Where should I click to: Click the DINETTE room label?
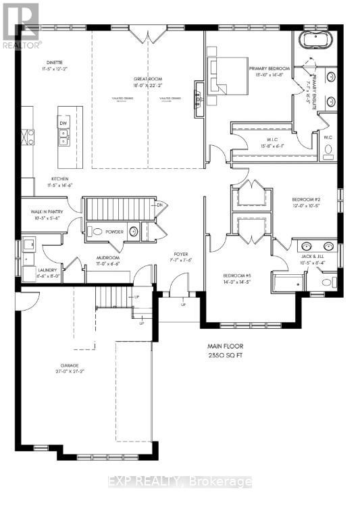click(x=47, y=62)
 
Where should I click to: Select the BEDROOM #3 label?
click(x=238, y=276)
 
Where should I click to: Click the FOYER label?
click(x=180, y=255)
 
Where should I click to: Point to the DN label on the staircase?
click(x=160, y=205)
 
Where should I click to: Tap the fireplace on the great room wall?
click(x=199, y=98)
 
